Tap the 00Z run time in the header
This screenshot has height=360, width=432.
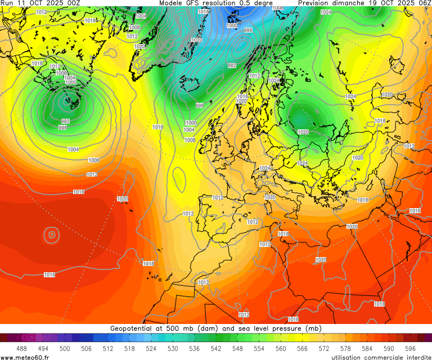(73, 3)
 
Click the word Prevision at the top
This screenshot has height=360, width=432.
(317, 3)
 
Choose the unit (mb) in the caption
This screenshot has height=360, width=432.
(313, 328)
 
